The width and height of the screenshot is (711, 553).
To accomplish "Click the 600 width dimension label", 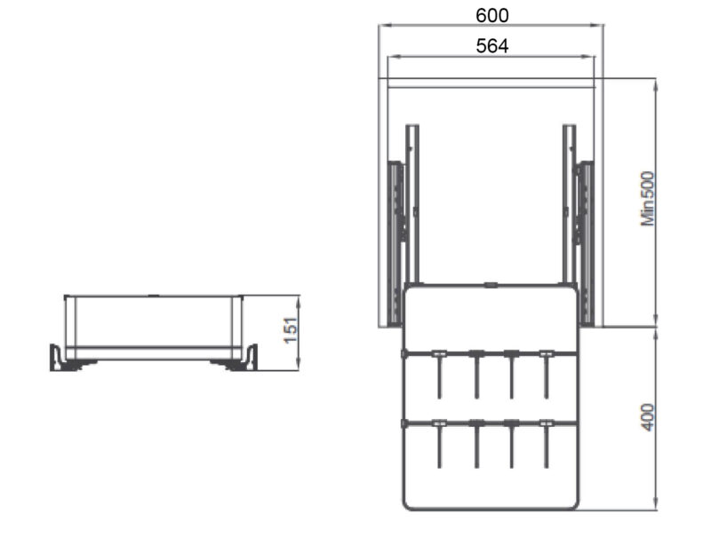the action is point(492,15).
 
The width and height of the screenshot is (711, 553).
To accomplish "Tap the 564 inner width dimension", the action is point(492,46).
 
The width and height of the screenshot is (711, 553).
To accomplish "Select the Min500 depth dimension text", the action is point(648,198).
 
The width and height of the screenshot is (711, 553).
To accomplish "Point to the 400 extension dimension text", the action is point(648,417).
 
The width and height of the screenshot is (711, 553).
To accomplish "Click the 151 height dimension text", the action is point(291,330).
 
